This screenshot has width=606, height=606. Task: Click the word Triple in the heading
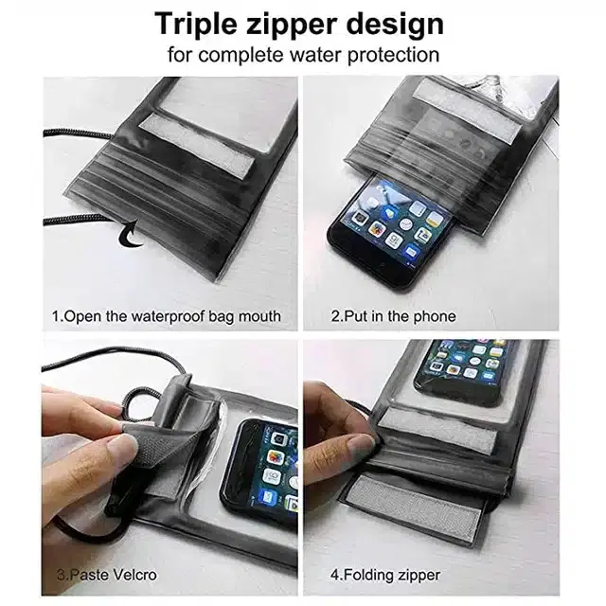[195, 24]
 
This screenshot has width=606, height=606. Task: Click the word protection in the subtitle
[394, 55]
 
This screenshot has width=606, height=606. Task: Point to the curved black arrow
[131, 235]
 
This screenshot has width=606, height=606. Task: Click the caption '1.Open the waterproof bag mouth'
[167, 316]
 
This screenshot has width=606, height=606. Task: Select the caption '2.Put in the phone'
[394, 316]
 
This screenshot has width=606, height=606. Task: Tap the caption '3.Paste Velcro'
[107, 575]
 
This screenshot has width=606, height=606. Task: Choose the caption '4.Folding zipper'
[385, 575]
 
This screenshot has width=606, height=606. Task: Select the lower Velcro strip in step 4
[416, 505]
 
